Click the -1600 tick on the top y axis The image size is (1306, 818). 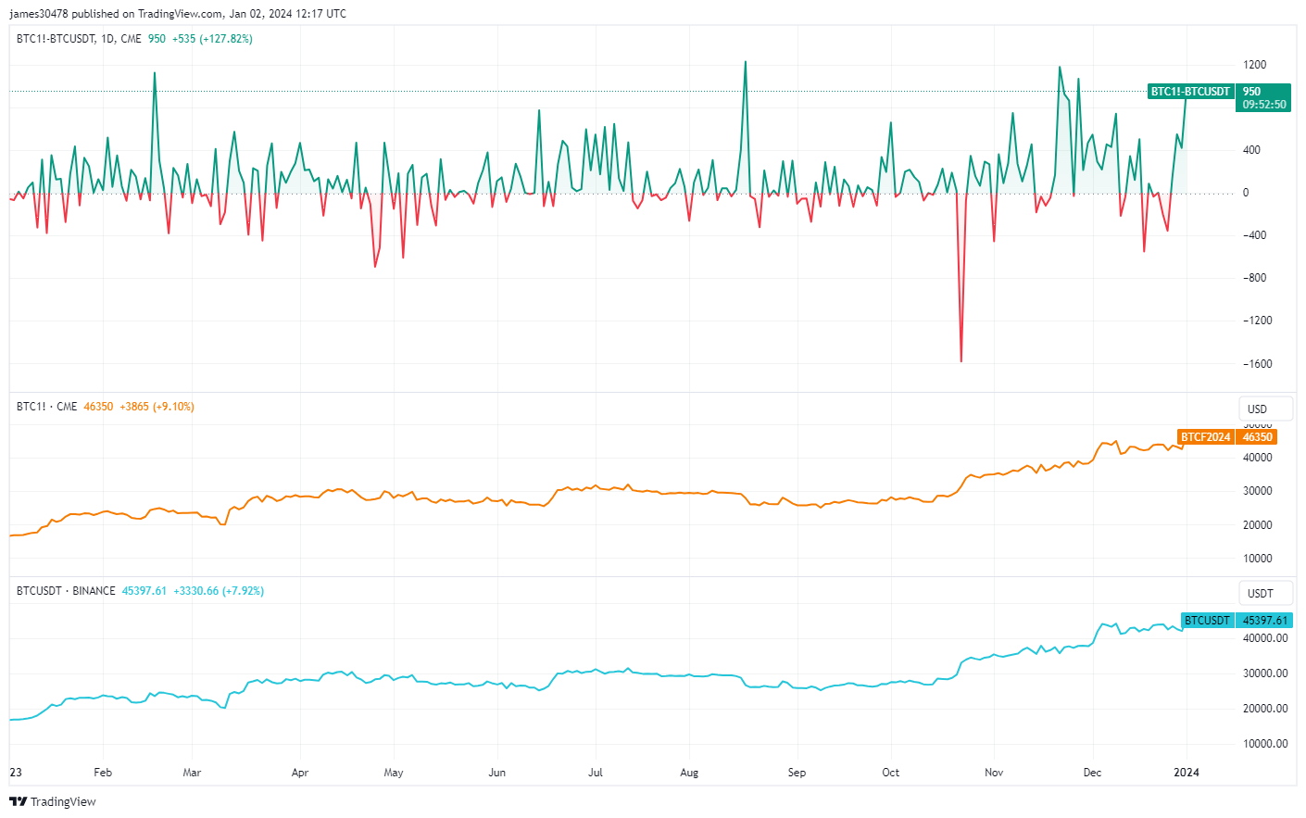coord(1258,364)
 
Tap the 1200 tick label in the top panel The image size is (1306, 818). coord(1255,65)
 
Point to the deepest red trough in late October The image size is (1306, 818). coord(961,360)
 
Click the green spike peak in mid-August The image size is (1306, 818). coord(745,63)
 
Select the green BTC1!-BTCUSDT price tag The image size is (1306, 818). coord(1190,92)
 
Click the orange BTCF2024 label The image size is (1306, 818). coord(1205,437)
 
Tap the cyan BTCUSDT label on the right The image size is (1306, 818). coord(1207,621)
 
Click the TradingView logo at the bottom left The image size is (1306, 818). coord(53,801)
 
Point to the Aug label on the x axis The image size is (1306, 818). coord(689,773)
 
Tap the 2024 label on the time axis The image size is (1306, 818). coord(1186,773)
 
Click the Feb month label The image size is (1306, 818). coord(103,773)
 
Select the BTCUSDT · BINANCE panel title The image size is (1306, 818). coord(66,591)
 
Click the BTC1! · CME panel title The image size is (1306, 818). coord(46,407)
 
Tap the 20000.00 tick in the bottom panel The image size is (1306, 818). coord(1264,709)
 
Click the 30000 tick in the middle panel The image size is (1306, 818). coord(1257,491)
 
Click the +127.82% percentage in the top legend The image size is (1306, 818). coord(226,39)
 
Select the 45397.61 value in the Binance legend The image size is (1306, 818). coord(144,591)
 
